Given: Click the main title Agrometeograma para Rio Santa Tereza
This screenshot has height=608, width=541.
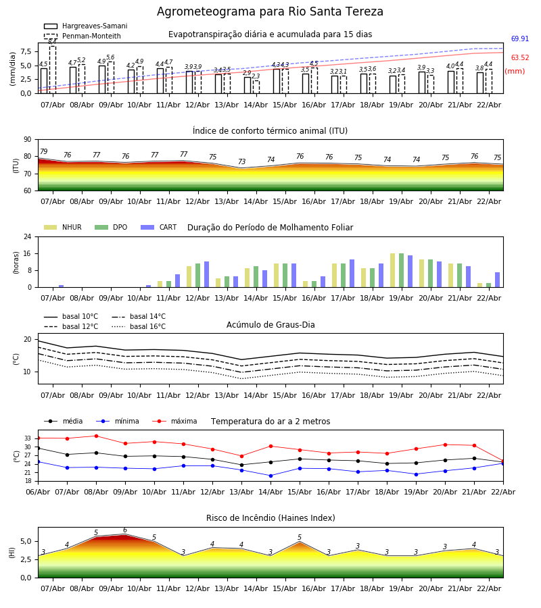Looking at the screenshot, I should click(270, 12).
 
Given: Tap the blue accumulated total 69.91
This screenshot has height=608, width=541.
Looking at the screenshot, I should click(520, 39).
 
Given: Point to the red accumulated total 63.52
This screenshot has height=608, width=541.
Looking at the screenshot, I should click(520, 58).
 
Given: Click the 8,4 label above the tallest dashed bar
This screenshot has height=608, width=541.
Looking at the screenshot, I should click(52, 42).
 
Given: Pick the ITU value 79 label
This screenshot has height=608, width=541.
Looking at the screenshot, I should click(43, 152).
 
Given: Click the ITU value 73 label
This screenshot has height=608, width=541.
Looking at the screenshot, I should click(241, 162).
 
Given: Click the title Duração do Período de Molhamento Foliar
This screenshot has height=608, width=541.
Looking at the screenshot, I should click(270, 228).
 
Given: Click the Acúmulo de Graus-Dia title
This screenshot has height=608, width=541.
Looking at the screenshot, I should click(270, 325).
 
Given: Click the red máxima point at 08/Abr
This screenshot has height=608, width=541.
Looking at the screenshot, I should click(96, 436).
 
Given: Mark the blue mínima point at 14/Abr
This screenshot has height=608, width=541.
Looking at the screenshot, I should click(270, 476).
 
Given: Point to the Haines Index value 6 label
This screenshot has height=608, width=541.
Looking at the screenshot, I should click(124, 530).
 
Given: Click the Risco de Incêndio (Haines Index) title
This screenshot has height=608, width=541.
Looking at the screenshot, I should click(270, 518).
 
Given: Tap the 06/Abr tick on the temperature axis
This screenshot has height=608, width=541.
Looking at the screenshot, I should click(38, 492).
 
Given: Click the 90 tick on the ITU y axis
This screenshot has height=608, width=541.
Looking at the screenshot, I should click(27, 140).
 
